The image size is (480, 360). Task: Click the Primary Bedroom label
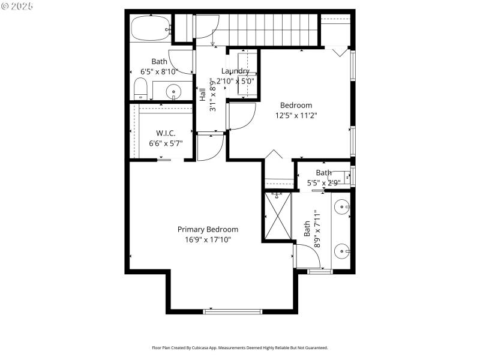208,229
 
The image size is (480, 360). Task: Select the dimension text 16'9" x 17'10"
208,239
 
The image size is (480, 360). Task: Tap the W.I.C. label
166,133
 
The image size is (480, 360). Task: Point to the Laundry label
235,71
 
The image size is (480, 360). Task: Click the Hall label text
203,94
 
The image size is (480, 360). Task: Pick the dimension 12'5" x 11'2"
296,115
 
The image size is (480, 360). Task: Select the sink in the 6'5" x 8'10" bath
175,92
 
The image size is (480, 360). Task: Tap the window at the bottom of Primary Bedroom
233,311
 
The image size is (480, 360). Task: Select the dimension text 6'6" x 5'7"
166,143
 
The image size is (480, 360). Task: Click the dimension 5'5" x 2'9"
324,182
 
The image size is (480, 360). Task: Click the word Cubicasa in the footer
197,347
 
